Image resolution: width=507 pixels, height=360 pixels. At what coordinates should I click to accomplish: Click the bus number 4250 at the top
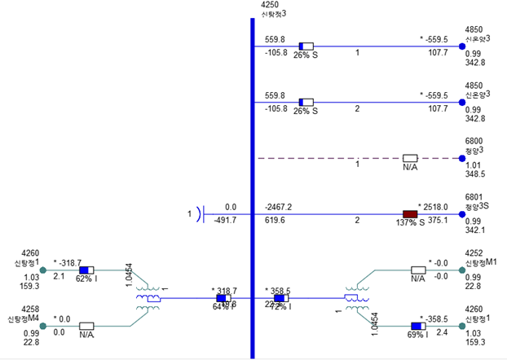coord(271,5)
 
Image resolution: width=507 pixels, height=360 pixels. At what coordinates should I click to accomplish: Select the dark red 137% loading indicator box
coord(411,213)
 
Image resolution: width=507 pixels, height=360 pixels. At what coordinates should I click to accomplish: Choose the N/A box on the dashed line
coord(411,158)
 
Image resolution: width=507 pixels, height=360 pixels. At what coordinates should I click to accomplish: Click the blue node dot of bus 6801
coord(462,213)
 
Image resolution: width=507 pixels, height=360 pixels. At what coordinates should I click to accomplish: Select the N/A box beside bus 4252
coord(419,270)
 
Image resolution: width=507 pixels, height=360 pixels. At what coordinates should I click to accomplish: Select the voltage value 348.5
coord(474,174)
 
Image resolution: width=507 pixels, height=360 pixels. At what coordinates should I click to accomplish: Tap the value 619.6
coord(276,220)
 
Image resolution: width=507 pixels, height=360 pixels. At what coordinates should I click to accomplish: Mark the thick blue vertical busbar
coord(252,187)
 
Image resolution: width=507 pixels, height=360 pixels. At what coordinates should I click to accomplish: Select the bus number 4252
coord(474,254)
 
